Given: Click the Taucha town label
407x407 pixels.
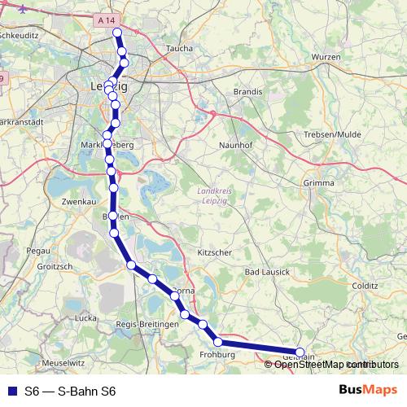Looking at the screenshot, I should coord(179,49).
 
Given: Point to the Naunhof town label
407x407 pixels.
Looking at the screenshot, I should coord(234,145).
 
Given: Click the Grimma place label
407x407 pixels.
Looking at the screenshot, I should coord(318,183).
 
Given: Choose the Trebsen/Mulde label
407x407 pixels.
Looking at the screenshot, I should coord(331,134).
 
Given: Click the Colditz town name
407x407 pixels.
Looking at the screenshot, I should coord(365,287).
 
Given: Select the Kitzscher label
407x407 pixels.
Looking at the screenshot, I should coord(214,253).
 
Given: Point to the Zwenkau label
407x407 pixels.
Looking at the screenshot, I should coord(67,200).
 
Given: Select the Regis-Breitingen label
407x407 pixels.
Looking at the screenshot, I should coord(147,325).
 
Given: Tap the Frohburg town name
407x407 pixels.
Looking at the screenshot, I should coord(217,356).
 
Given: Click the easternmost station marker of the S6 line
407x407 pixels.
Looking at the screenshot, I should coord(300,353).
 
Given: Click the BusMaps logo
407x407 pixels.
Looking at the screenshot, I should coord(368,391).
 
